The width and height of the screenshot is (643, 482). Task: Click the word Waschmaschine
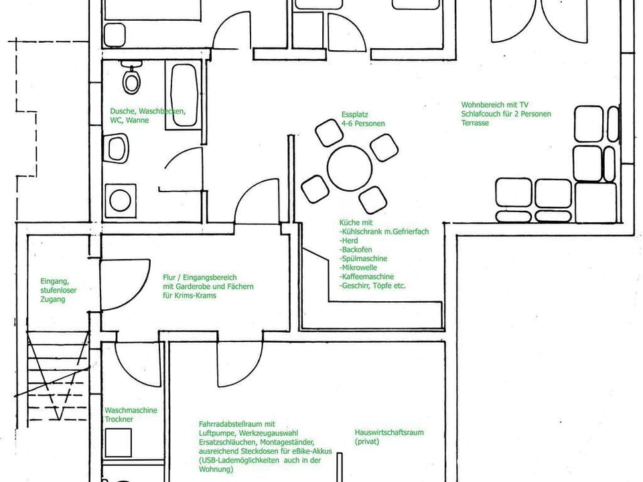click(131, 410)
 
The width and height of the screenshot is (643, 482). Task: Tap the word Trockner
click(119, 419)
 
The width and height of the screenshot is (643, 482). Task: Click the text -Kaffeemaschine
click(367, 276)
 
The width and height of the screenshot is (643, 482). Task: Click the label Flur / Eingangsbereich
click(200, 277)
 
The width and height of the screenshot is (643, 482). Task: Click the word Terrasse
click(474, 123)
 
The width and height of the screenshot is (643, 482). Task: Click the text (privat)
click(367, 442)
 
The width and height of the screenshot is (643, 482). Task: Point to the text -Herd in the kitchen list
click(349, 240)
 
